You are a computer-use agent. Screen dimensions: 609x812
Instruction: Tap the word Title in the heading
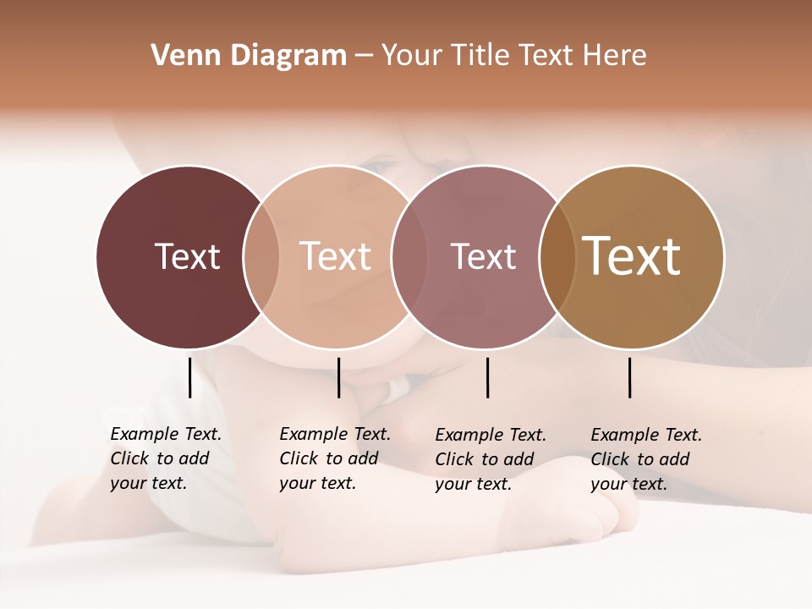[479, 56]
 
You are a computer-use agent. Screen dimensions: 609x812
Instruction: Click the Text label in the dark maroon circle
[187, 256]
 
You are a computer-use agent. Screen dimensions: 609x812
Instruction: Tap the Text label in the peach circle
[335, 256]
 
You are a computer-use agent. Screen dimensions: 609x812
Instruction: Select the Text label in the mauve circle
[483, 256]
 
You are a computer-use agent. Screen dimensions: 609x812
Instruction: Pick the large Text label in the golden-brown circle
[632, 256]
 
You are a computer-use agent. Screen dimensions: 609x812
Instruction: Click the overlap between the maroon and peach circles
[261, 256]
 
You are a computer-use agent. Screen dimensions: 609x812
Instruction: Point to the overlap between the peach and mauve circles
[408, 256]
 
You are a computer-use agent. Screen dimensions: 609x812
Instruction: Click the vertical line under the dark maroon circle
[189, 377]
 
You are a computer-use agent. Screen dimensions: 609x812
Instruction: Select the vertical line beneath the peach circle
[338, 377]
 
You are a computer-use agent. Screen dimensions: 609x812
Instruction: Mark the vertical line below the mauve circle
[487, 377]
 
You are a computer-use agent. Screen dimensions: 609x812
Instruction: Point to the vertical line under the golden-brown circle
[629, 377]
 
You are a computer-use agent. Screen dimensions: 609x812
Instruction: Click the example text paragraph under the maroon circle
[166, 458]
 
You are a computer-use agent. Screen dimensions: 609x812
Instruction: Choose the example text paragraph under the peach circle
[335, 458]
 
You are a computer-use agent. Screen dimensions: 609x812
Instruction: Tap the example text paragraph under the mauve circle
[491, 459]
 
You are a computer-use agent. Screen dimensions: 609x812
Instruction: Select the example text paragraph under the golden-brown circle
[646, 459]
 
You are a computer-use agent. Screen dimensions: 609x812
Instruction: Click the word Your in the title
[412, 56]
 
